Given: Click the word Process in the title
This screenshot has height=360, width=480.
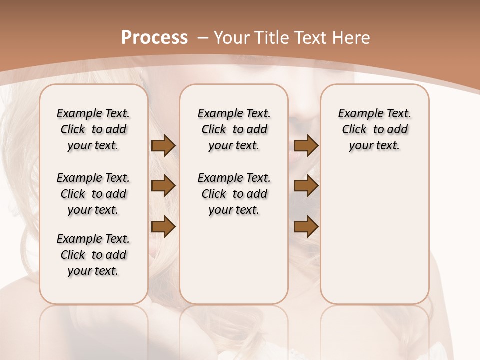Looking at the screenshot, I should pyautogui.click(x=154, y=37).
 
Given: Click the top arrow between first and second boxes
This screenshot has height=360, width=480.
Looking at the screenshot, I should pyautogui.click(x=163, y=146).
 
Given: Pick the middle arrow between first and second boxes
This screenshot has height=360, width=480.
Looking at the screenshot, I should pyautogui.click(x=163, y=186).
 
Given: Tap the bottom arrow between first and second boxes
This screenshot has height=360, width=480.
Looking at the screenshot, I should pyautogui.click(x=163, y=227).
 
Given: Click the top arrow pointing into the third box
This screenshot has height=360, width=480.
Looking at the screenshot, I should pyautogui.click(x=306, y=146).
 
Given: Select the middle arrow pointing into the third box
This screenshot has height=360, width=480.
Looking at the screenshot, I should pyautogui.click(x=306, y=186).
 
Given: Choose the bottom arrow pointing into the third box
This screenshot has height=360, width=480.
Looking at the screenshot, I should pyautogui.click(x=306, y=227).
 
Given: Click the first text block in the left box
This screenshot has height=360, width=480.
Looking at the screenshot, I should pyautogui.click(x=93, y=129).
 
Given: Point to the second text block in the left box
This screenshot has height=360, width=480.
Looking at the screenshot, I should pyautogui.click(x=93, y=194).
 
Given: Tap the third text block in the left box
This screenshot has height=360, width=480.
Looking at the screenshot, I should pyautogui.click(x=93, y=255).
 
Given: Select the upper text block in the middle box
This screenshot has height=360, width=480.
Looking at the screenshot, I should pyautogui.click(x=234, y=129).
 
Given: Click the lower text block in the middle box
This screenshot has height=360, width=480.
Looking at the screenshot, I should pyautogui.click(x=234, y=194).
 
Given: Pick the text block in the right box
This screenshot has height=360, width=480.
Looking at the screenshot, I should pyautogui.click(x=374, y=129).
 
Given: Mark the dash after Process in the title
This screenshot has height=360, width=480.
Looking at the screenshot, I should pyautogui.click(x=202, y=37).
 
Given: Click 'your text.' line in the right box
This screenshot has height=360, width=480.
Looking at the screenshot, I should pyautogui.click(x=374, y=145).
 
